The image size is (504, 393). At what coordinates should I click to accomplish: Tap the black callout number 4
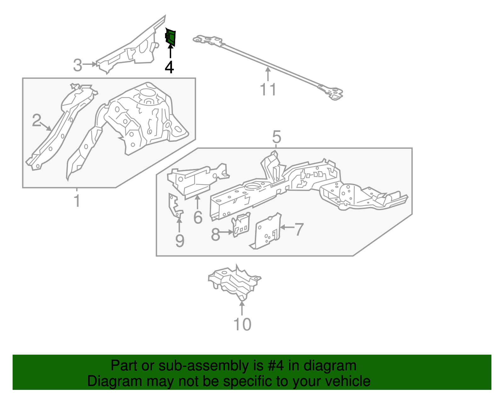169,67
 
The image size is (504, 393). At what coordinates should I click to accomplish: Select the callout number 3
77,65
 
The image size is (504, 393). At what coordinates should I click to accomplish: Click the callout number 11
268,89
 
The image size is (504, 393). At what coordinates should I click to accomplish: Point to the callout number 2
37,120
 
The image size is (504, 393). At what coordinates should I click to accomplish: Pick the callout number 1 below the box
77,201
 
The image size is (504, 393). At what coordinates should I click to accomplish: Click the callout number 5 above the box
276,137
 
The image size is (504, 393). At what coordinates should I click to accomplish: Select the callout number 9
180,241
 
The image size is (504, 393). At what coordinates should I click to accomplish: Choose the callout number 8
215,234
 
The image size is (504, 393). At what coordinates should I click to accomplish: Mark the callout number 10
242,324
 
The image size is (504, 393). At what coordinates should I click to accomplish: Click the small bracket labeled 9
175,206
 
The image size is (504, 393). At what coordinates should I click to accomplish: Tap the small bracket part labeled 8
241,225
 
